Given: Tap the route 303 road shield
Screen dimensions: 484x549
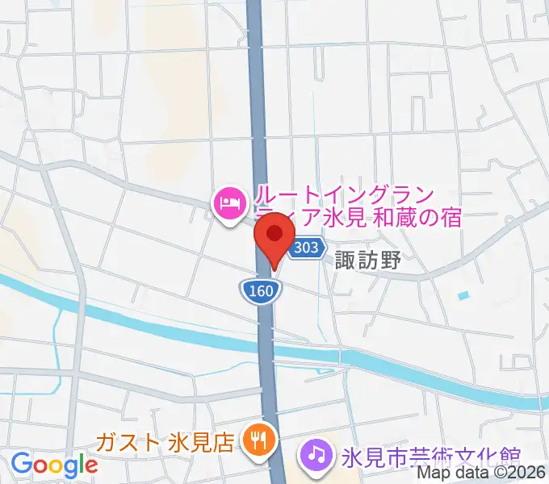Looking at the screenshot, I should pos(306,248).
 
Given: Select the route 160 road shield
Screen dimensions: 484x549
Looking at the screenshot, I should pos(260,289).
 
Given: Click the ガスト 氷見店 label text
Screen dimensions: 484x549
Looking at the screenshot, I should pos(165,442).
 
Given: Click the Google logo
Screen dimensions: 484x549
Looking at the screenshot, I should pos(54,465).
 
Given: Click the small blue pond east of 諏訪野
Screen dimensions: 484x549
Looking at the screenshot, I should pos(463,296).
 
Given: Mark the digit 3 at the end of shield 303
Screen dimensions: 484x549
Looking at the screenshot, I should pos(315,248).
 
